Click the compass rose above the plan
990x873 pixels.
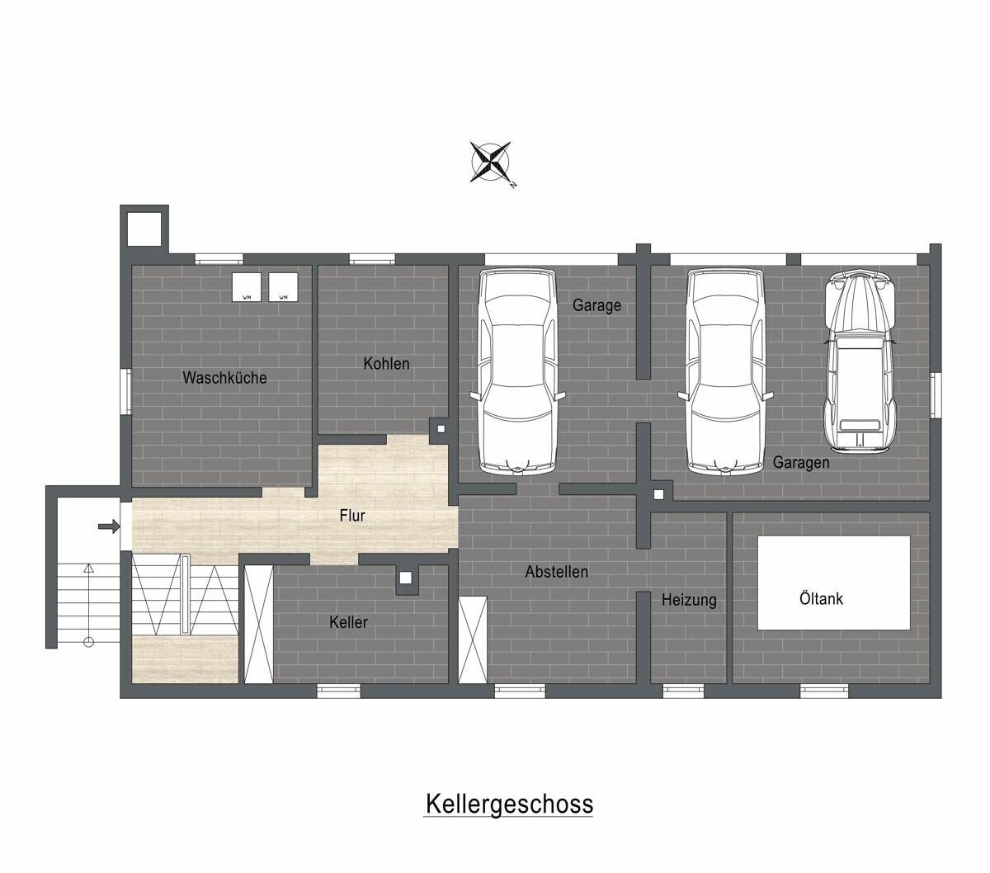coord(489,162)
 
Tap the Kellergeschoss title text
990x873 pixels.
coord(509,804)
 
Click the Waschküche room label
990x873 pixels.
coord(224,377)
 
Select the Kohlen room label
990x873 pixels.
coord(386,364)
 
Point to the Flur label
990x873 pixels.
coord(351,516)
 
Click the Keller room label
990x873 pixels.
coord(348,622)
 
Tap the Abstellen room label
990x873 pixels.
coord(557,572)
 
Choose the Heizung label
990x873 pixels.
coord(689,600)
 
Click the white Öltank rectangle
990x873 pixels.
coord(833,583)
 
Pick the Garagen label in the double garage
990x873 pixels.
coord(801,462)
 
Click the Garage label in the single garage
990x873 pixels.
coord(596,305)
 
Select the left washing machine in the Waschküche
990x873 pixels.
coord(247,287)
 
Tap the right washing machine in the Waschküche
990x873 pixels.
coord(283,287)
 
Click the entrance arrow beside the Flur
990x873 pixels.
coord(109,526)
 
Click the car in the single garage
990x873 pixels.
coord(518,371)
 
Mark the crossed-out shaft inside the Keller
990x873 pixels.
coord(258,624)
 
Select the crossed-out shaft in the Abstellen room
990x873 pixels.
coord(473,639)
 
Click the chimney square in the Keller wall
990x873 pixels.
coord(405,578)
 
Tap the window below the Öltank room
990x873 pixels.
coord(824,690)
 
